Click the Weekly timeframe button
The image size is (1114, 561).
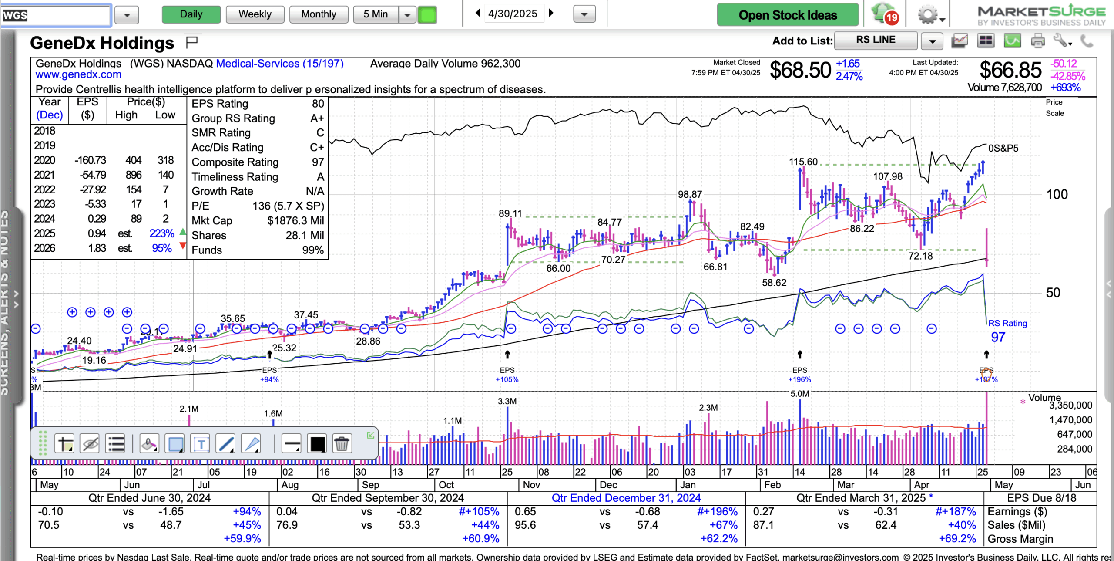[x=255, y=14]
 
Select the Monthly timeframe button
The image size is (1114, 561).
[x=319, y=14]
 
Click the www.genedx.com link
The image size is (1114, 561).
[x=78, y=74]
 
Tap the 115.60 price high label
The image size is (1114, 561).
[x=803, y=162]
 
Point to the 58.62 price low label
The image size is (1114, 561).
[x=774, y=283]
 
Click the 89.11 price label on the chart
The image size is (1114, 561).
[x=510, y=214]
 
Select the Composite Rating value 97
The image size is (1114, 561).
[x=318, y=162]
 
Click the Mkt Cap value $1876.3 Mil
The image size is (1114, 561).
[x=295, y=221]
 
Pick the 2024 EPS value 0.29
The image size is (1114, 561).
[x=97, y=219]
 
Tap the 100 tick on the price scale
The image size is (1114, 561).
[x=1057, y=195]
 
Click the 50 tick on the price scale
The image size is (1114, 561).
[x=1053, y=293]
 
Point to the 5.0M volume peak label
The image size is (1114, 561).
[x=799, y=394]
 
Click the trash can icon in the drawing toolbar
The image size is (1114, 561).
[x=342, y=444]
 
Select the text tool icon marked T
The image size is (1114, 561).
[x=201, y=444]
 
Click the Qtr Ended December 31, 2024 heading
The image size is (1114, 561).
[x=626, y=498]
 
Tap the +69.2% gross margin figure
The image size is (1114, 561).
[x=957, y=539]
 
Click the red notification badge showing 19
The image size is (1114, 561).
[x=892, y=17]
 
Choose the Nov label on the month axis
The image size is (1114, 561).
[x=531, y=485]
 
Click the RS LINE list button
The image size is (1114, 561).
[x=876, y=40]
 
